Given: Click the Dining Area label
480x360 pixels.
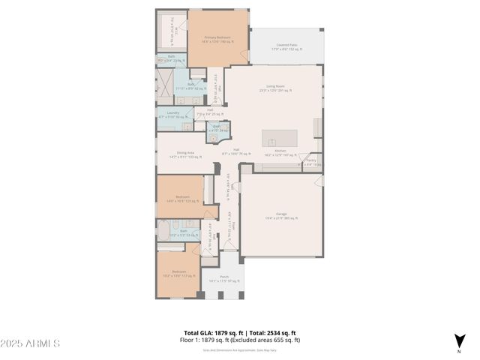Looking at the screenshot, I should coord(175,154).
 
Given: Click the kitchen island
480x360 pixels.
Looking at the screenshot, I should coord(279,139).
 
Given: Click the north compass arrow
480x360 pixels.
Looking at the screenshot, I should coord(458,341).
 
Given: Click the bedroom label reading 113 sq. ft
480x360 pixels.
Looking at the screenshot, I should coord(178,273).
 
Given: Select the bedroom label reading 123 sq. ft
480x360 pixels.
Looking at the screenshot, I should coord(178,199).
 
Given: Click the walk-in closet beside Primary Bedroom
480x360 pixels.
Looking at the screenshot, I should coord(170,31).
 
